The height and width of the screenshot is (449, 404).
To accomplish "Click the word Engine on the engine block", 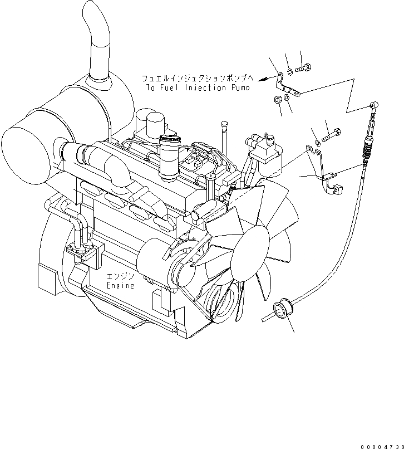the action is click(x=121, y=285).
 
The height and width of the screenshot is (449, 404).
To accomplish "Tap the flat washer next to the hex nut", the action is click(x=286, y=98).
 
